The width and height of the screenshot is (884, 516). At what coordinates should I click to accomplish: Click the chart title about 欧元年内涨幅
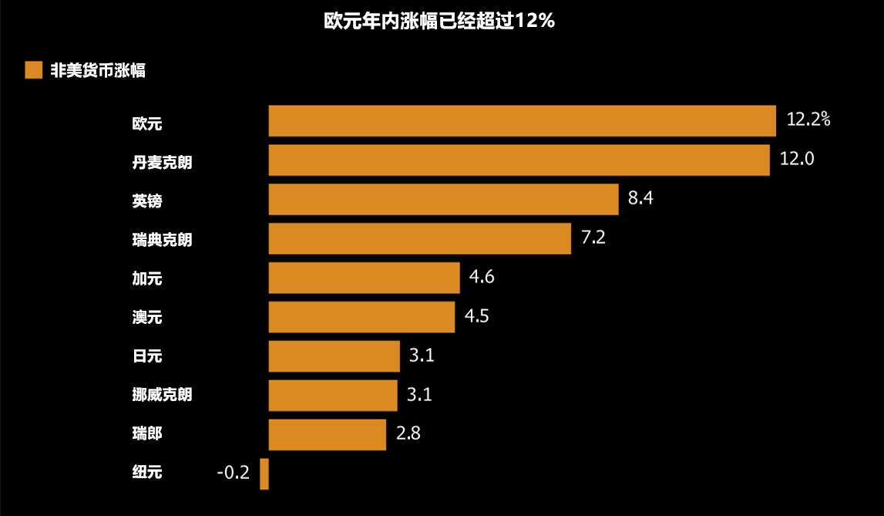(x=439, y=22)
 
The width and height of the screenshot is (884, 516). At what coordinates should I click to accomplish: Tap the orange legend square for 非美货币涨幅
(x=34, y=70)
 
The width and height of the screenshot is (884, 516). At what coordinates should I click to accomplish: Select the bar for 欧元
(x=522, y=121)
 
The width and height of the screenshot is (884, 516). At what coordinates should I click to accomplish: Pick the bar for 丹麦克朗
(x=519, y=160)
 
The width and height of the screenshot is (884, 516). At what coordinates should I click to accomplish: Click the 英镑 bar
(x=443, y=199)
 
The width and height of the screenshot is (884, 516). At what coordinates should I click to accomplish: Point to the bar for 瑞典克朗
(x=419, y=238)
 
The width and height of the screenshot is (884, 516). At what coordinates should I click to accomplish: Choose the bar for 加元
(x=364, y=278)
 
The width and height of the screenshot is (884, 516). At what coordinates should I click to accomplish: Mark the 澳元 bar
(x=361, y=317)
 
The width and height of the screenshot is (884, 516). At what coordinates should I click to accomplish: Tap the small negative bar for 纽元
(x=264, y=474)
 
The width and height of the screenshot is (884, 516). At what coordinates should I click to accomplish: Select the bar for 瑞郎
(x=327, y=434)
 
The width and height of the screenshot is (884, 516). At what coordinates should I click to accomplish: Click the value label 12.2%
(x=808, y=119)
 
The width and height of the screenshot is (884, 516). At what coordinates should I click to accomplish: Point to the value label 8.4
(x=640, y=198)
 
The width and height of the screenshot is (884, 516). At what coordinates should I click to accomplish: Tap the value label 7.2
(x=593, y=238)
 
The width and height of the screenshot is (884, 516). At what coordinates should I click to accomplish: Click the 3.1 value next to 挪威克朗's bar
(x=419, y=395)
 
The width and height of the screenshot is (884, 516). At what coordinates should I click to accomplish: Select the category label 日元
(x=147, y=356)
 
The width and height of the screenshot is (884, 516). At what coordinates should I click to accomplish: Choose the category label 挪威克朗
(x=162, y=395)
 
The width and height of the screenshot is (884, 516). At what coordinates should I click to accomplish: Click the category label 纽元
(x=147, y=473)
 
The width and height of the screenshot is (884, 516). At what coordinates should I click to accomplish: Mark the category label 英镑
(x=147, y=201)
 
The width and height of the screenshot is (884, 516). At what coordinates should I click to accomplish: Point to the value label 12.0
(x=797, y=159)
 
